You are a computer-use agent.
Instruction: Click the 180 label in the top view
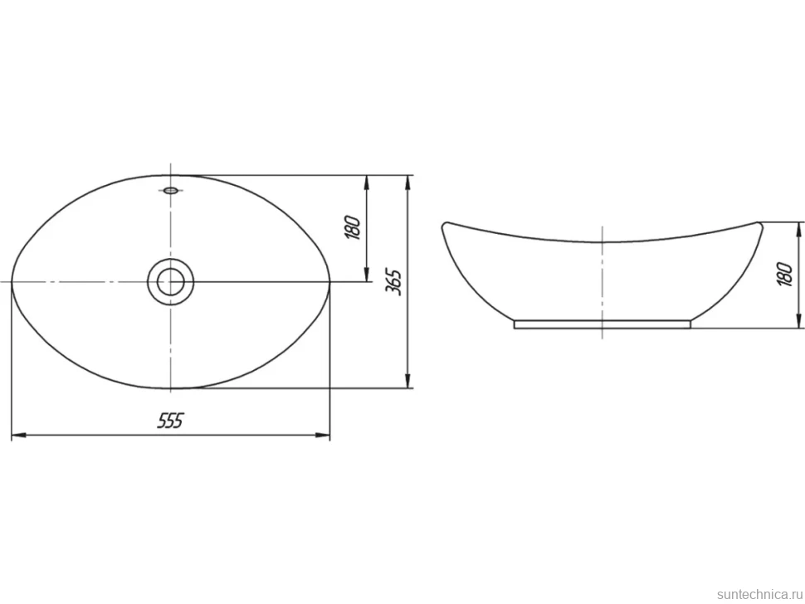coord(354,228)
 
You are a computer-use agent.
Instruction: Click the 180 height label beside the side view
coord(785,274)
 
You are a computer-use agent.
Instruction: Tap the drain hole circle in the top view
coord(170,282)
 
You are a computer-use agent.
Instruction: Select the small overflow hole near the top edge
coord(171,191)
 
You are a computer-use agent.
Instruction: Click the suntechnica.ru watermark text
coord(759,594)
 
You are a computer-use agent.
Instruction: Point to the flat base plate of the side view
coord(603,324)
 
